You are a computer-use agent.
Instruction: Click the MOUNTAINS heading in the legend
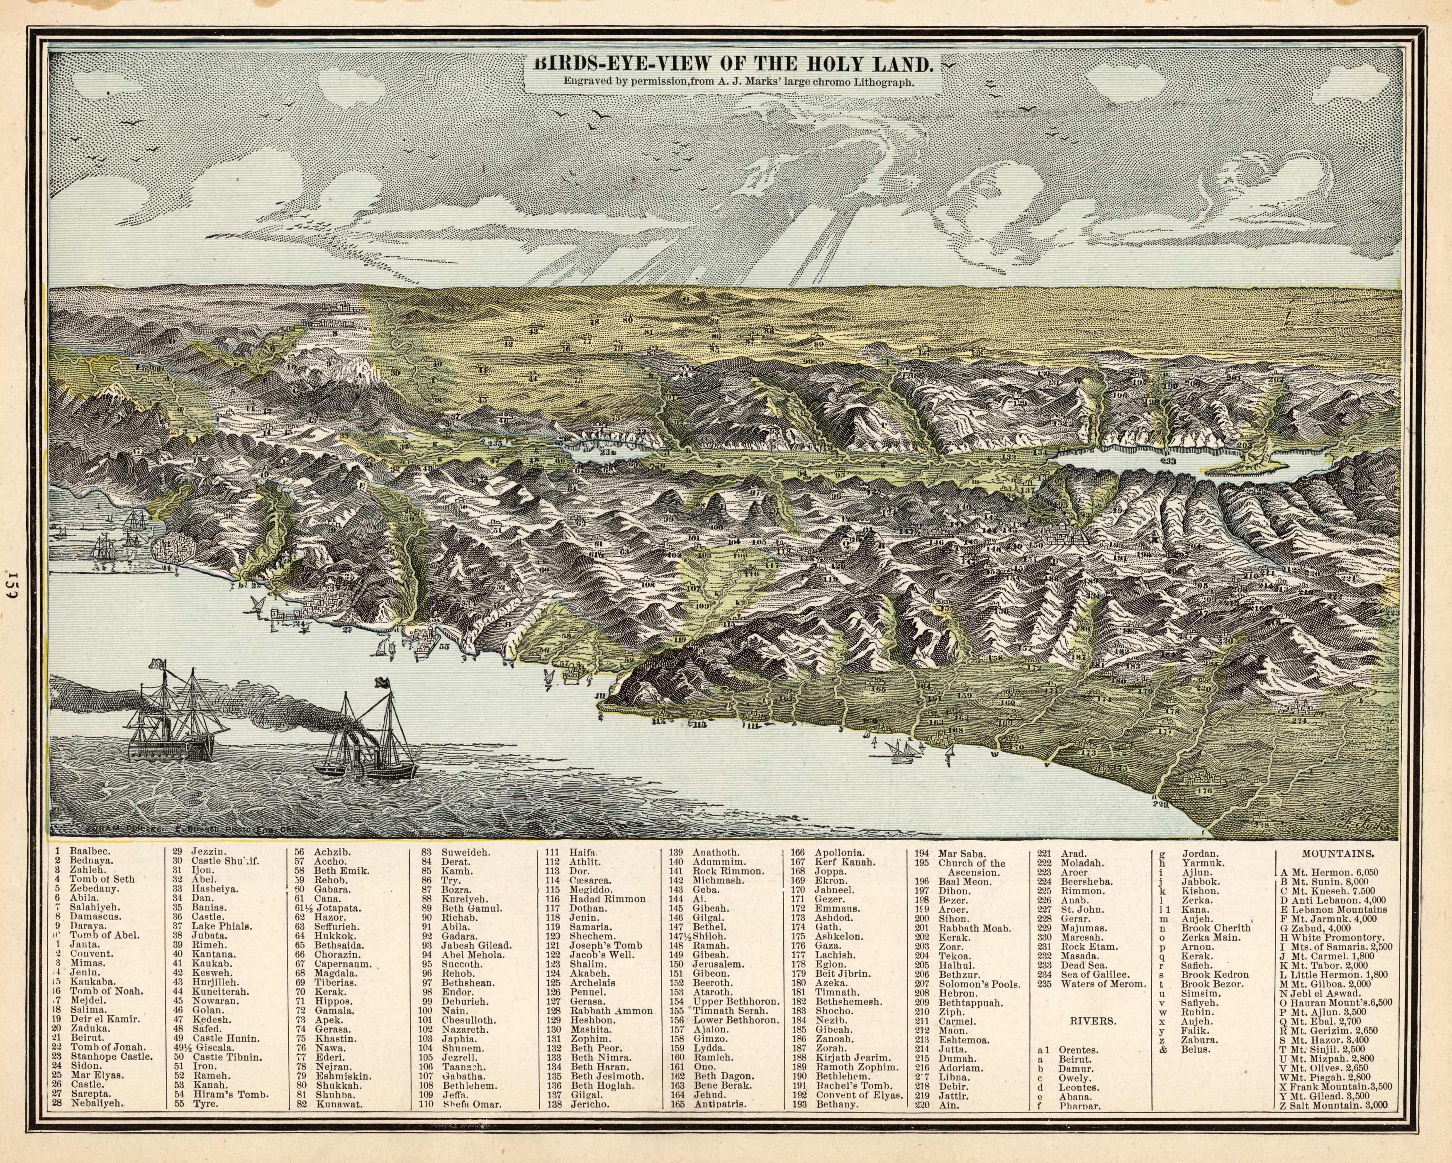[x=1338, y=854]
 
